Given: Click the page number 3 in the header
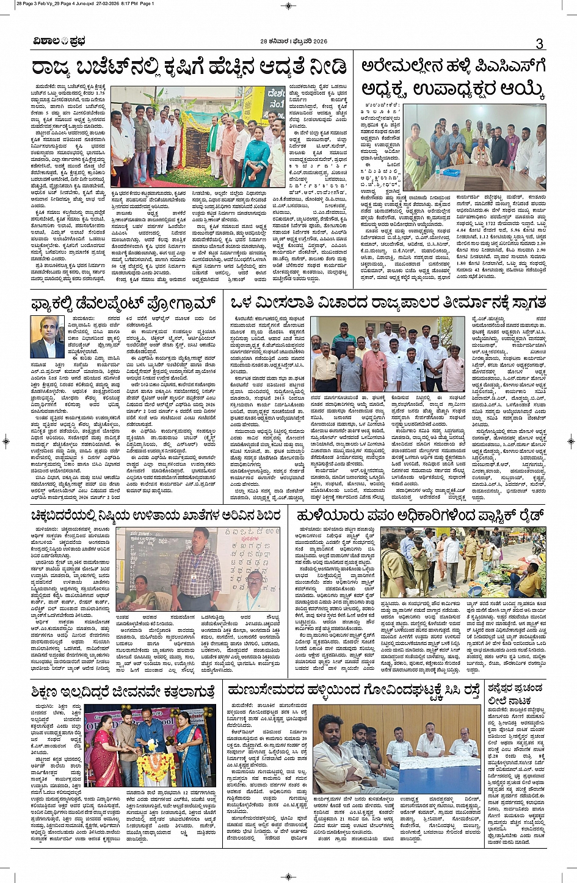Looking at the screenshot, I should (539, 43).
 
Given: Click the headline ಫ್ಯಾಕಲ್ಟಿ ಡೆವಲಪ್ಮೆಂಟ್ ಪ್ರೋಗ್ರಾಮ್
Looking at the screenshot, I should (124, 303).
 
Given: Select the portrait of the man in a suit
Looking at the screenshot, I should (47, 337).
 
